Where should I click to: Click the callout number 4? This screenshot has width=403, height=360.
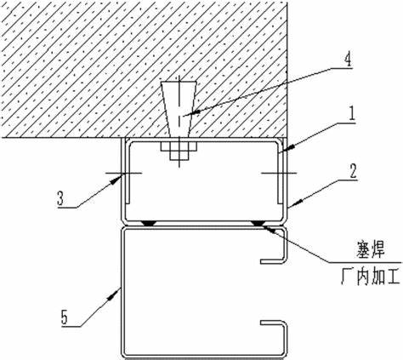pos(348,60)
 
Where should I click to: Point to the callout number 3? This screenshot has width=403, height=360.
pos(60,198)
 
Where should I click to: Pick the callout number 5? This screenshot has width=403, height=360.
pos(65,317)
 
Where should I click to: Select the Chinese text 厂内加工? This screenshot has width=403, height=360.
pos(371,277)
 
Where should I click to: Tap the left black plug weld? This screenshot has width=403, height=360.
pos(149,224)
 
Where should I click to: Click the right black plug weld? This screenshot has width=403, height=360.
pos(258,224)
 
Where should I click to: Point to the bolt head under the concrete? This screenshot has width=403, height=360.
pos(179,150)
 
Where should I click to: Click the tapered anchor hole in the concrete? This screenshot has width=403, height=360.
pos(179,109)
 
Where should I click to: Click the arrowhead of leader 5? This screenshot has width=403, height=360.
pos(116,293)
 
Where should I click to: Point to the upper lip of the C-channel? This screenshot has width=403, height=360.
pos(273,260)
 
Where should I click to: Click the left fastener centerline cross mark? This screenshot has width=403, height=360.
pos(124,173)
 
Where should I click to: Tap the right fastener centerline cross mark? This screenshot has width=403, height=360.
pos(279,172)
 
